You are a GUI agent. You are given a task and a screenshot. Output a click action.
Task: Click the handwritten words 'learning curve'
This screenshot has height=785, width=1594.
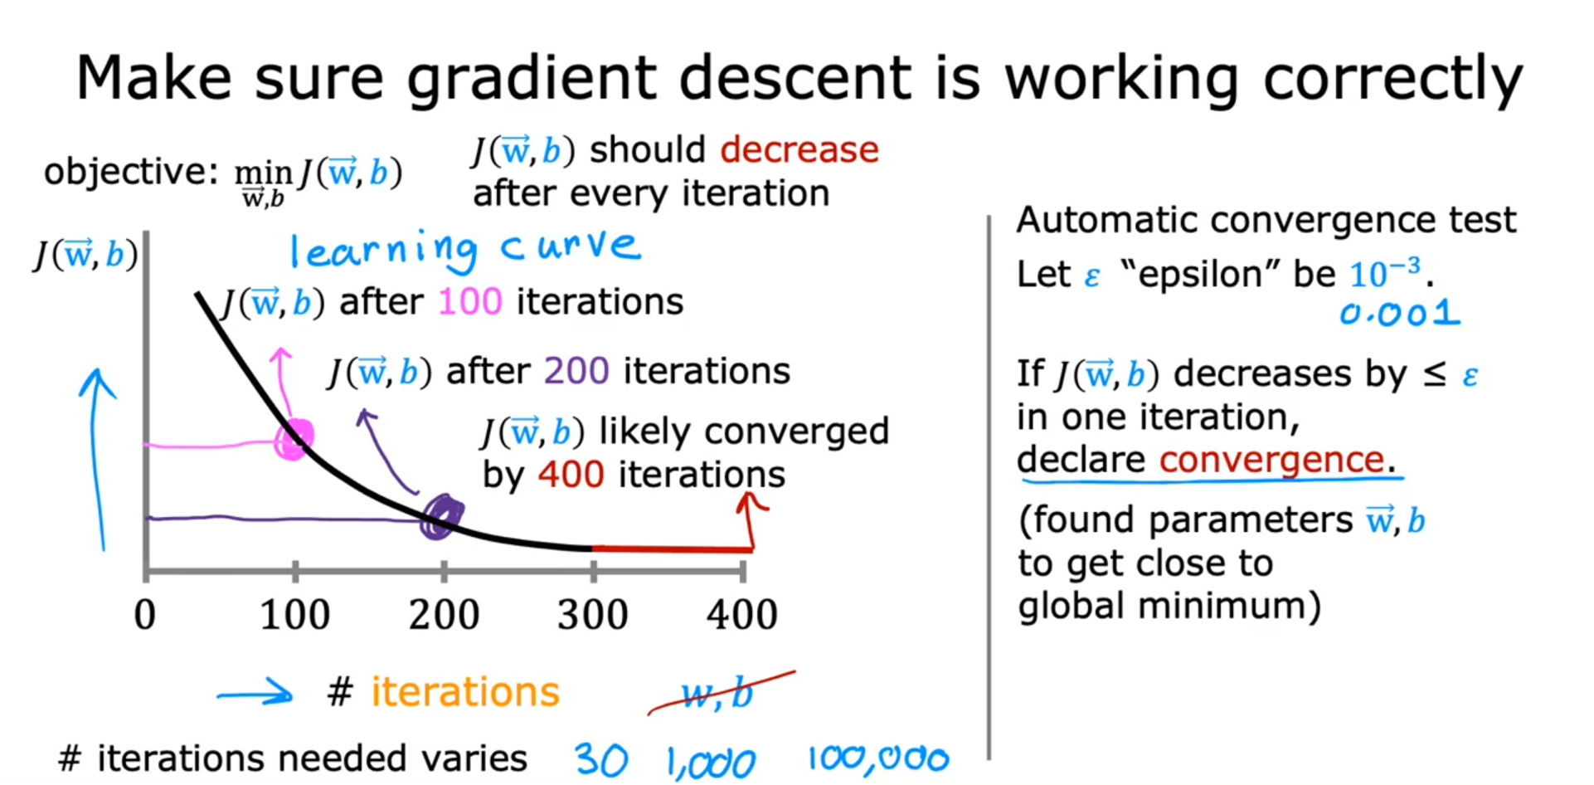[465, 249]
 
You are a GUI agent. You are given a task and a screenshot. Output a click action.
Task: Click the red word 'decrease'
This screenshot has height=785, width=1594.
[799, 150]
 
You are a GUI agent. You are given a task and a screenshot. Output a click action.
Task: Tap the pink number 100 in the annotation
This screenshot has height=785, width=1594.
[470, 301]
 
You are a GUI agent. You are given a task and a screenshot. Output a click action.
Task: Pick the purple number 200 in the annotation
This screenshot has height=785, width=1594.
[577, 371]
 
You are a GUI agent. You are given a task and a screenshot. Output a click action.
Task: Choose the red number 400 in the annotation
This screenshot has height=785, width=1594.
[571, 475]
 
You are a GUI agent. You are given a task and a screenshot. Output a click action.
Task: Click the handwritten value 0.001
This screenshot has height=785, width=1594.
[1400, 313]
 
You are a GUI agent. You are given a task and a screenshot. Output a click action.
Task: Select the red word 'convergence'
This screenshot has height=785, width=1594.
[1272, 460]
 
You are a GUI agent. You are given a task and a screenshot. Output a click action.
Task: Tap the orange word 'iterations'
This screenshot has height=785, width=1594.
[465, 692]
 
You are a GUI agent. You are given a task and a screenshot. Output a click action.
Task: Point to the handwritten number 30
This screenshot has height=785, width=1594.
[601, 759]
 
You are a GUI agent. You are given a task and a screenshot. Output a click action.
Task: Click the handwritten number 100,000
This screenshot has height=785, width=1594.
[878, 758]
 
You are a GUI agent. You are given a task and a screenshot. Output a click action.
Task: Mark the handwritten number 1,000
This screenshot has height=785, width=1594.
[712, 762]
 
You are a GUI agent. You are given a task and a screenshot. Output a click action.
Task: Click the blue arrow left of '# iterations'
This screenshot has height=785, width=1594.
[255, 693]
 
